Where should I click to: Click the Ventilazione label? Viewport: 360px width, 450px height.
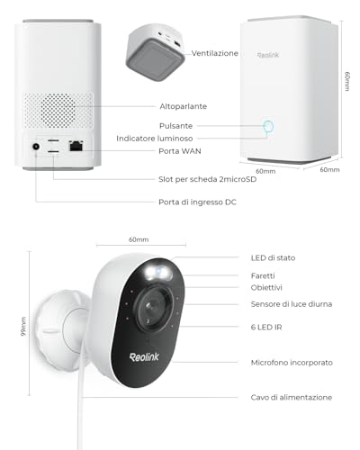coord(215,53)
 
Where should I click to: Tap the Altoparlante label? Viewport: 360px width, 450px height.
coord(184,106)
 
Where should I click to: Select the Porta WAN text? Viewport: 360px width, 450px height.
coord(180,151)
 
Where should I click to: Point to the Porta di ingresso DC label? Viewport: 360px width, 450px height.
coord(197,202)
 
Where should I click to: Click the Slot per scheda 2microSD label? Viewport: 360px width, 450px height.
coord(208,179)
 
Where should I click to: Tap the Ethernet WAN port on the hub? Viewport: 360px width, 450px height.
coord(76,146)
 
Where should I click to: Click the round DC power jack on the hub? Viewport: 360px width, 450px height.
coord(36,147)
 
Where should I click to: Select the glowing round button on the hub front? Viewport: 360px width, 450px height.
coord(268,126)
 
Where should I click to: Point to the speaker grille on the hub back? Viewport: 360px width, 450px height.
coord(58,111)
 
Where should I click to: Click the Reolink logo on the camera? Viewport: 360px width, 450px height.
coord(144,357)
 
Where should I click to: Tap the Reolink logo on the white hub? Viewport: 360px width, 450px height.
coord(268,55)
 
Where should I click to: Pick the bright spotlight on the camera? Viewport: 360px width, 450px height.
coord(158,272)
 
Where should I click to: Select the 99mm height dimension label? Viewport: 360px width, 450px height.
coord(23,327)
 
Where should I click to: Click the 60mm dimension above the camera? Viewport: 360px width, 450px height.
coord(139,239)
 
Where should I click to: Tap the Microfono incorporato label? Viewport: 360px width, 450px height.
coord(292,363)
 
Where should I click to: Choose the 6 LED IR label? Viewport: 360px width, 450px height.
coord(266,328)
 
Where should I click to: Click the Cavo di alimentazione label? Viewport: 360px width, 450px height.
coord(292,398)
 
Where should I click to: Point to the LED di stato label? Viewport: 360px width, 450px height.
coord(273,258)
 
